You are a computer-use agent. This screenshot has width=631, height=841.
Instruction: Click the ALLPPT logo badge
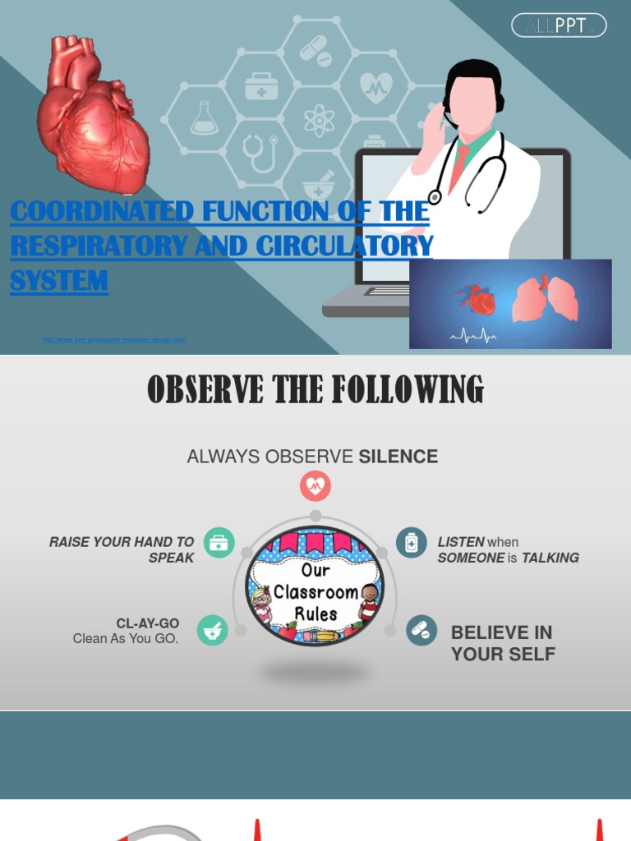point(559,25)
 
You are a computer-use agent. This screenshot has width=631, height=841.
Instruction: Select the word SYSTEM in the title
point(59,281)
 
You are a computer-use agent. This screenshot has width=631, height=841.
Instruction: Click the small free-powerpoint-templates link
point(114,339)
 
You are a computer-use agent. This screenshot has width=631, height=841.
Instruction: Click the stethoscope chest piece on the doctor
point(435,197)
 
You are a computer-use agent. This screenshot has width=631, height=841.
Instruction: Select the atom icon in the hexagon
point(318,121)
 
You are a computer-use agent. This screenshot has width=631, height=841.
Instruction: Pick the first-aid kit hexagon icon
point(261,86)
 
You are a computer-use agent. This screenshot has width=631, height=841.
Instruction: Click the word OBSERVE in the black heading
point(199,390)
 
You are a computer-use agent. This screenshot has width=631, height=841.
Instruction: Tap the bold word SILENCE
point(398,457)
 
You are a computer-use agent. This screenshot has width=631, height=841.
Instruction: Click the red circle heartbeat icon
point(315,486)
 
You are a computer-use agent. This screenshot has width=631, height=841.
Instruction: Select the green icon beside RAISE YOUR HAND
point(219,543)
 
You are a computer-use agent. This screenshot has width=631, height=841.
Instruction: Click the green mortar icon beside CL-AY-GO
point(213,631)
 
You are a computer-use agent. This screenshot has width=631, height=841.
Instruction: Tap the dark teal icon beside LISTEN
point(412,543)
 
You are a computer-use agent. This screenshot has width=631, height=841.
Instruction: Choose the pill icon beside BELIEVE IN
point(421,631)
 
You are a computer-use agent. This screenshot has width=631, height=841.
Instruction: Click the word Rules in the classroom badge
point(315,614)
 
